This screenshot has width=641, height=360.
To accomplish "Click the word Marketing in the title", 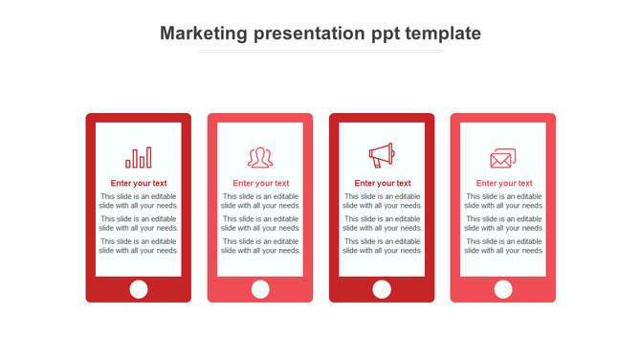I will (x=204, y=34).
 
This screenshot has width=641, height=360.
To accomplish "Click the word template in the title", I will (x=442, y=34).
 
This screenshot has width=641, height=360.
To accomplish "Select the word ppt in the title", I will (x=380, y=34).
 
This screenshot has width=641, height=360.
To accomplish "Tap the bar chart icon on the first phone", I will (x=139, y=158).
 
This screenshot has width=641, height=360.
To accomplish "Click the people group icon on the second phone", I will (x=260, y=158).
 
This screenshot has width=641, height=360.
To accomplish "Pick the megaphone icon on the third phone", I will (x=382, y=155).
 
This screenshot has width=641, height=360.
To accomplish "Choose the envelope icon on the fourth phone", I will (x=503, y=158).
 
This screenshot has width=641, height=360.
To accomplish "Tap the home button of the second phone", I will (x=260, y=289).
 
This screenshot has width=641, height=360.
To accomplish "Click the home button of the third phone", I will (x=382, y=289).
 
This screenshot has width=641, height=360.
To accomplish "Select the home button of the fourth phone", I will (x=503, y=289).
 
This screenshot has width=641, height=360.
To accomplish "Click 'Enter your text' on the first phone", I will (x=139, y=183).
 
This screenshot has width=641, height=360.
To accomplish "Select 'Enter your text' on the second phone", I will (x=260, y=183).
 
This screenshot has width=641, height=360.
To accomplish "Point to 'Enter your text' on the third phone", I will (x=382, y=183).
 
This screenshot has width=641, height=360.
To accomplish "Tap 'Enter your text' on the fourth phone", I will (x=503, y=183).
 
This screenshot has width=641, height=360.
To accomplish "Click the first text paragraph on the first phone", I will (x=139, y=201).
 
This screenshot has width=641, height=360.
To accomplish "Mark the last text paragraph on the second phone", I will (x=260, y=246).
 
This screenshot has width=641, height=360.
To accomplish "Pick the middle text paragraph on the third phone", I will (x=382, y=223).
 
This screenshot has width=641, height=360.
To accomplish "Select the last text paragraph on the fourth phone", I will (x=503, y=246).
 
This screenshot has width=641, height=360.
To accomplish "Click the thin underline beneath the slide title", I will (x=320, y=52).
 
